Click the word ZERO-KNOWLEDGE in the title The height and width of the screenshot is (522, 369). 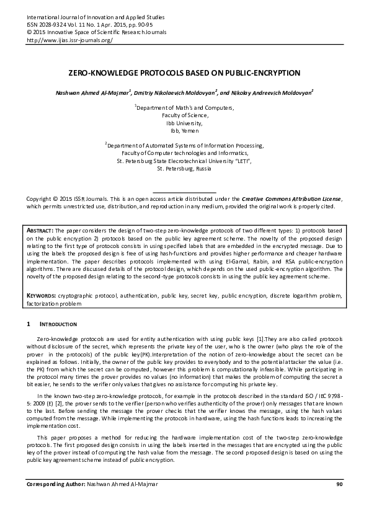[x=103, y=73]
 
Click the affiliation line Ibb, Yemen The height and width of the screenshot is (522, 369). [x=184, y=131]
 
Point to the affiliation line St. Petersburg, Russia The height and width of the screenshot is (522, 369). [x=184, y=169]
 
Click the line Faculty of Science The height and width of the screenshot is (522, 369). [x=184, y=115]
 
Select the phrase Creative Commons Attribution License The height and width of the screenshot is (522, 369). [x=291, y=198]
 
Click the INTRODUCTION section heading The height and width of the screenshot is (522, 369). [x=58, y=324]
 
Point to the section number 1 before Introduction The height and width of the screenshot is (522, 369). [x=29, y=324]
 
